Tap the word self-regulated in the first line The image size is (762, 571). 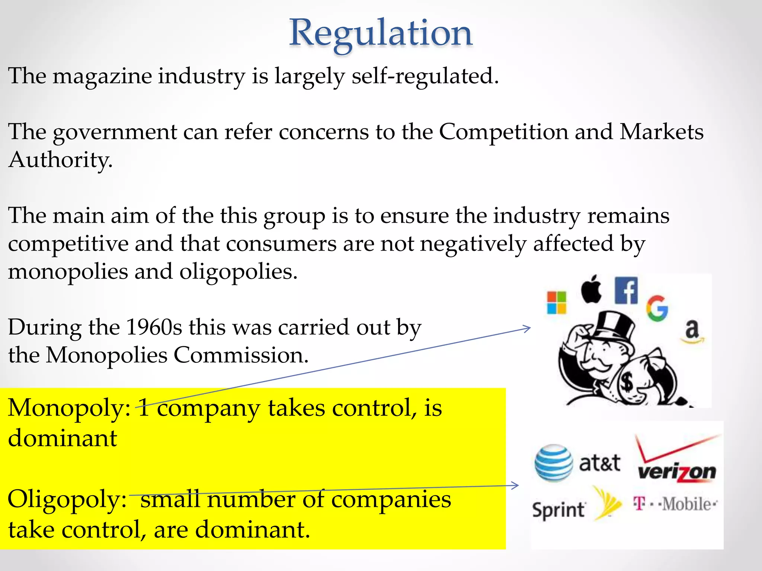pyautogui.click(x=425, y=76)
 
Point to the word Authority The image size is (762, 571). pyautogui.click(x=60, y=160)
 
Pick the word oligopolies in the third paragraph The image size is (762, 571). pyautogui.click(x=238, y=272)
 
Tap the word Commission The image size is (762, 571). pyautogui.click(x=241, y=355)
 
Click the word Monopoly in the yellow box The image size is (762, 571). pyautogui.click(x=69, y=409)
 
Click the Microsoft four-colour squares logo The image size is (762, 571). pyautogui.click(x=556, y=303)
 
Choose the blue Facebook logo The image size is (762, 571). pyautogui.click(x=626, y=291)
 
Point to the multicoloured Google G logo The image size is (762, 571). pyautogui.click(x=657, y=309)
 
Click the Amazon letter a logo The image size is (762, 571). pyautogui.click(x=692, y=330)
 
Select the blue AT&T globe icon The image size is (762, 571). pyautogui.click(x=554, y=463)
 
